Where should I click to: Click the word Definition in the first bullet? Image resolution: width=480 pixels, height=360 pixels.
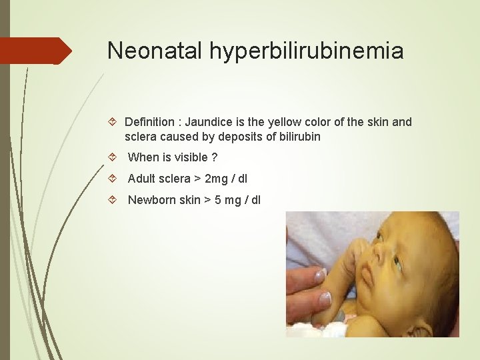151,122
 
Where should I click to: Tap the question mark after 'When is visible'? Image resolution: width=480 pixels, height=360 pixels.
214,158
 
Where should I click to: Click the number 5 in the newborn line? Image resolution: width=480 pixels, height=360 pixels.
215,200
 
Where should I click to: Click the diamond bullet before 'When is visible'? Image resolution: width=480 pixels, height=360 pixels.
113,158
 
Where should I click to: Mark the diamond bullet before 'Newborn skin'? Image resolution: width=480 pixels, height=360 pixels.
113,200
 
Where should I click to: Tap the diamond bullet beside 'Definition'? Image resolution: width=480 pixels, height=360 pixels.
113,122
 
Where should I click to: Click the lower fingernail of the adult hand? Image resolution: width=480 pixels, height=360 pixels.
325,299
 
